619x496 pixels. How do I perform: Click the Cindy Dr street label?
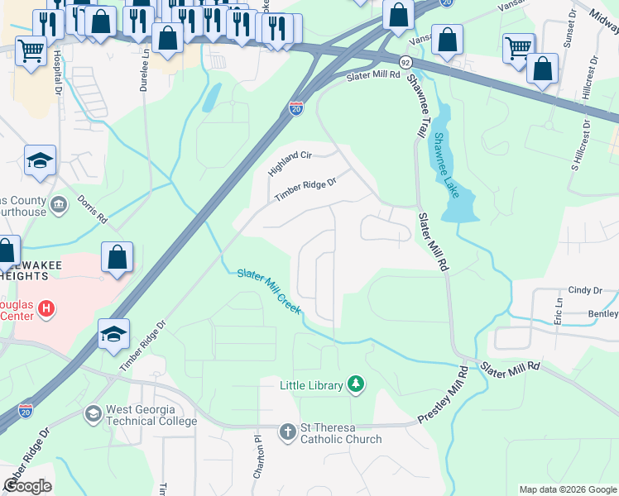[584, 290]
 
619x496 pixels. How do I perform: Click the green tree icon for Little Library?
[356, 384]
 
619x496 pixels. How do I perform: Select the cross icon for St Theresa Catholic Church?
[287, 432]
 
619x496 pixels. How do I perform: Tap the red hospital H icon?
[47, 309]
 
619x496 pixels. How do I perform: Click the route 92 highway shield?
[405, 63]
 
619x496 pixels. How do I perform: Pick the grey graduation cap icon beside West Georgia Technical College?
[94, 413]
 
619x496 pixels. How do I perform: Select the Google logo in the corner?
[28, 486]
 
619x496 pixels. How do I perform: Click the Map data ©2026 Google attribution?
[567, 489]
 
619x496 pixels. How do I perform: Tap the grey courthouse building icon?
[59, 204]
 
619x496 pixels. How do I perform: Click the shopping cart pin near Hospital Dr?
[31, 51]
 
